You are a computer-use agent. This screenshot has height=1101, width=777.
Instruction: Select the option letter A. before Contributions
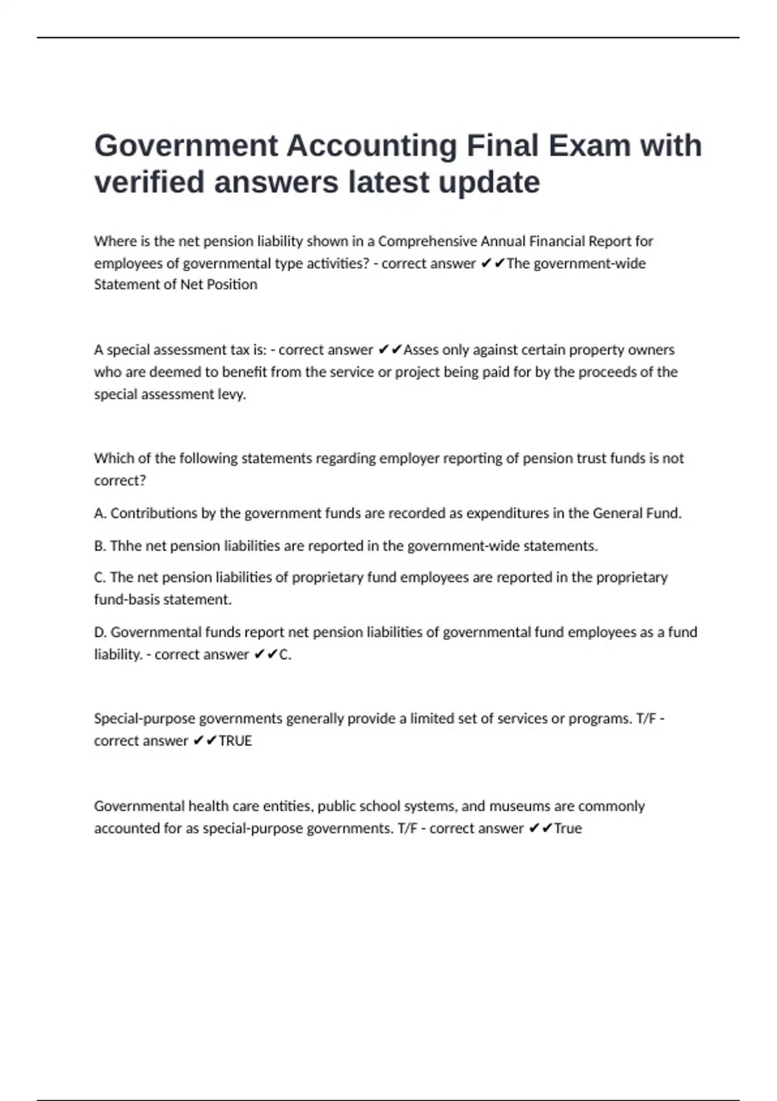(100, 514)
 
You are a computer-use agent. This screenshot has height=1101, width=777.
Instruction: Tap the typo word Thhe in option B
(126, 546)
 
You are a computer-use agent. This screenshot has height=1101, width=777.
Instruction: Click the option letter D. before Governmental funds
(100, 632)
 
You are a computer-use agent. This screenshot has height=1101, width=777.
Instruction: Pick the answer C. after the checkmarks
(285, 655)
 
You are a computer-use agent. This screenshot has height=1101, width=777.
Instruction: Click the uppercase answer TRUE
(235, 741)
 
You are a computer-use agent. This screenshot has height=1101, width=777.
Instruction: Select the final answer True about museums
(568, 828)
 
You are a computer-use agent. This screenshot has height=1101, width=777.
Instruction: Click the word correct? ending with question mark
(120, 481)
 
